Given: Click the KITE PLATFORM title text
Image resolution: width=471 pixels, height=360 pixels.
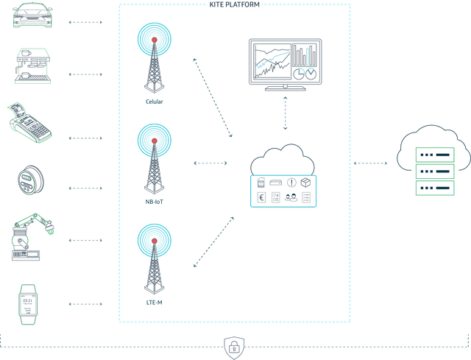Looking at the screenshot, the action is (x=234, y=4).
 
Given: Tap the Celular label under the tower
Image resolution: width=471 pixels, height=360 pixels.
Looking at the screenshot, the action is (x=154, y=102).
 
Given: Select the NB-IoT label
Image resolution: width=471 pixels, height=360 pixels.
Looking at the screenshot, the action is (x=154, y=202).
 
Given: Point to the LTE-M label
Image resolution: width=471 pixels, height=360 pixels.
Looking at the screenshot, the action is (x=154, y=303).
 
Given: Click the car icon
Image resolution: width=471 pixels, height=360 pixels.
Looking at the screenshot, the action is (x=32, y=16).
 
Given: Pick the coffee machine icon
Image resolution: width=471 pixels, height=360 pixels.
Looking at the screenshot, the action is (x=32, y=66).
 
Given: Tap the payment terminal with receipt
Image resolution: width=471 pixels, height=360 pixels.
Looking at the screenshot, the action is (x=29, y=123).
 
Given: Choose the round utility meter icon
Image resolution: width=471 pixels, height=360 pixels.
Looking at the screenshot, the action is (x=31, y=180).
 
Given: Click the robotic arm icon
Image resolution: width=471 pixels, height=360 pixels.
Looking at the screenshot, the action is (x=32, y=237).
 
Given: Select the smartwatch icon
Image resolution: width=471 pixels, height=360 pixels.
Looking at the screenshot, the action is (x=28, y=304).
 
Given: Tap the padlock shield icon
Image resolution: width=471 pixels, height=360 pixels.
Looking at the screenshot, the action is (x=234, y=348).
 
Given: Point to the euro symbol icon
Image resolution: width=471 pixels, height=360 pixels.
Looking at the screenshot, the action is (x=262, y=198).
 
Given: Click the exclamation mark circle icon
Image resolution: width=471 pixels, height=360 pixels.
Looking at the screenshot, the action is (x=291, y=183).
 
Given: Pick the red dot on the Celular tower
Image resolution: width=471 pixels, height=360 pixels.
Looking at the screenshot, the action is (x=155, y=40).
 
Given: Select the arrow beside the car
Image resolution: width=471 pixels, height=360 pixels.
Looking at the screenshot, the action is (x=85, y=22).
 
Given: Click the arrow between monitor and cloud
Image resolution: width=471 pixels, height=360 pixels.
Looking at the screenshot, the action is (x=285, y=113).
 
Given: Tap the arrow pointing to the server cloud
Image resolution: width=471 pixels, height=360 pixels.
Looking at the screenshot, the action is (x=370, y=163).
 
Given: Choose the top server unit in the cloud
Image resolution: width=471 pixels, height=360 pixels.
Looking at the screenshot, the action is (x=435, y=155).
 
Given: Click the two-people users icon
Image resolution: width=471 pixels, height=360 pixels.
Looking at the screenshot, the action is (x=291, y=197).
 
